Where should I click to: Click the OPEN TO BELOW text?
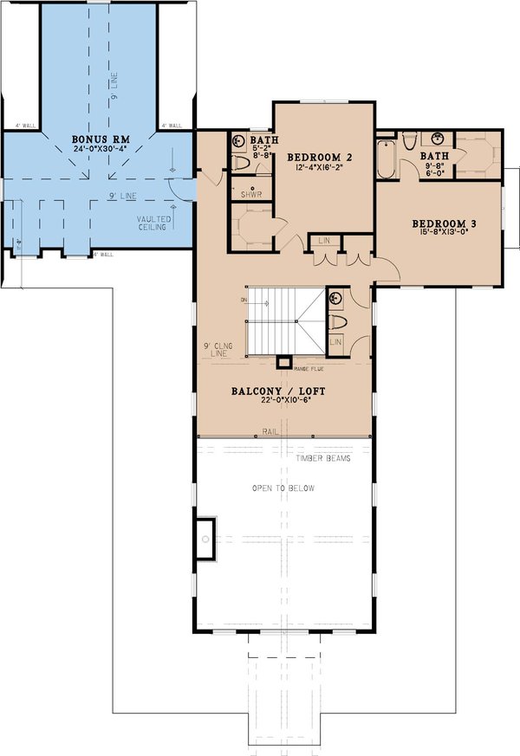pyautogui.click(x=283, y=488)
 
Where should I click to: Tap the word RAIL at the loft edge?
pyautogui.click(x=270, y=430)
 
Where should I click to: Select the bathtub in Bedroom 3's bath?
pyautogui.click(x=387, y=156)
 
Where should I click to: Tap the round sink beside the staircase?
pyautogui.click(x=335, y=299)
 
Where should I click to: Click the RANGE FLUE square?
pyautogui.click(x=283, y=362)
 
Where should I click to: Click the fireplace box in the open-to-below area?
pyautogui.click(x=205, y=540)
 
